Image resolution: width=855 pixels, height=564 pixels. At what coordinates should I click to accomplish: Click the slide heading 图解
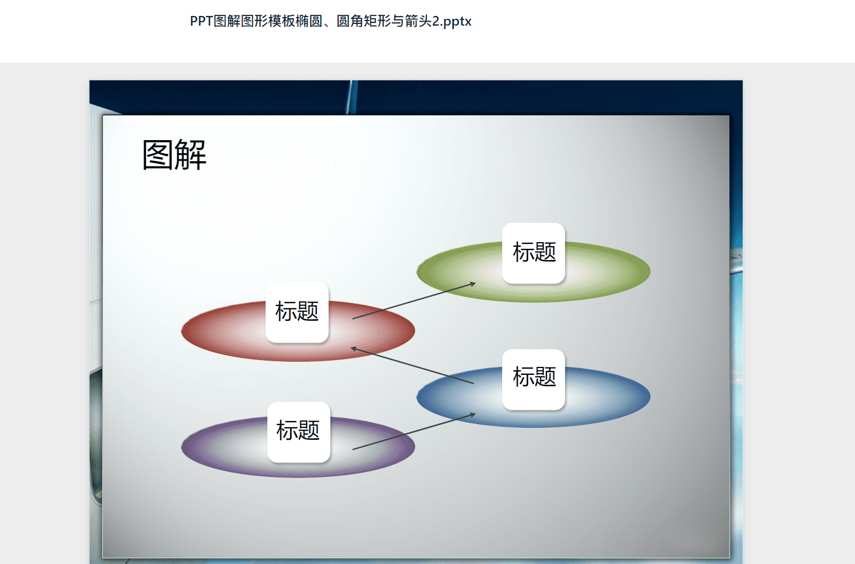pos(174,155)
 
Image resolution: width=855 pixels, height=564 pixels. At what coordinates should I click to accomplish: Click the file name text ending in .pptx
pos(331,22)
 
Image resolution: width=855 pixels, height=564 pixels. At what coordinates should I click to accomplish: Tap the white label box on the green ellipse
pos(534,253)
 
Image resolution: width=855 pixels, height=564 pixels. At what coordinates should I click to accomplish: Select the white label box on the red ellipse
pos(297,312)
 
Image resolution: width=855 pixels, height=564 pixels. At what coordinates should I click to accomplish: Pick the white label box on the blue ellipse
pos(534,379)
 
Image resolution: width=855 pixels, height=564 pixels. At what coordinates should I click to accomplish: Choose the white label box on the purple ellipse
pos(299,432)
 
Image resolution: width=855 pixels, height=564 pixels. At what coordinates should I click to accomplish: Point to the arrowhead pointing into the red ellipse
pos(354,349)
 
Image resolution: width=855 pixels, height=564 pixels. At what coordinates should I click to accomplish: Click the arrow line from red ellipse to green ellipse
pos(414,301)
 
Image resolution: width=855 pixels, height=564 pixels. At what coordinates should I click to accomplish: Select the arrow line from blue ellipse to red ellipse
pos(412,365)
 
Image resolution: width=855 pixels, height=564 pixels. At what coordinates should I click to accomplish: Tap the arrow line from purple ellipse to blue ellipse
pos(414,431)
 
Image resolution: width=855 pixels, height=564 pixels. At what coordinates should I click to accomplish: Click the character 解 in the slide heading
pos(191,155)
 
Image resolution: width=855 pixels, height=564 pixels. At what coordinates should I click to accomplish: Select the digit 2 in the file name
pos(436,22)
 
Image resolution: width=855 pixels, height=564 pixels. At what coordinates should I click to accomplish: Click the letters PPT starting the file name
pos(202,22)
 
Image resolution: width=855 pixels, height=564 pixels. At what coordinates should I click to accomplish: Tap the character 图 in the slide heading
pos(158,155)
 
